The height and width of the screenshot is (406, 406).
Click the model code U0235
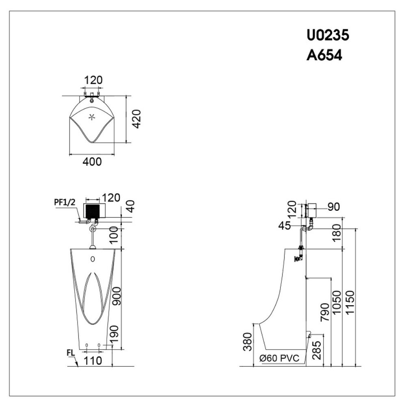click(x=328, y=36)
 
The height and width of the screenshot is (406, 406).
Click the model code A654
click(x=324, y=55)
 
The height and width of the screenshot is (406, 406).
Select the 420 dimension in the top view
click(x=137, y=119)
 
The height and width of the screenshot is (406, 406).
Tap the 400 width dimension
click(x=92, y=161)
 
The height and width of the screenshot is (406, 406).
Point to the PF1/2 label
click(x=64, y=201)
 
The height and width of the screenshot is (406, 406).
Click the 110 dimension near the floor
click(x=93, y=360)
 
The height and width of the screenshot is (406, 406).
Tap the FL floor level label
click(x=71, y=353)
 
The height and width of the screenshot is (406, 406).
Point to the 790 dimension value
click(x=325, y=312)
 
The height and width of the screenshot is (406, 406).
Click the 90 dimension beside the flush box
click(x=333, y=207)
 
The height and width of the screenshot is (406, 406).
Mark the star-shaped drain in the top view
click(x=92, y=117)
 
